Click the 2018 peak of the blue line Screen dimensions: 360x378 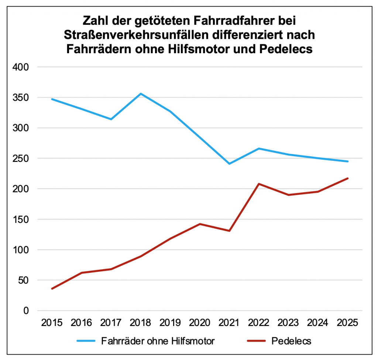(141, 94)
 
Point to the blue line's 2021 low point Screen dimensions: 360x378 (229, 163)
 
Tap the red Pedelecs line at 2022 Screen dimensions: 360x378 (259, 184)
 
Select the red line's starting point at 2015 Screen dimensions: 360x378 (52, 289)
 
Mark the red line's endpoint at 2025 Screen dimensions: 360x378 (347, 178)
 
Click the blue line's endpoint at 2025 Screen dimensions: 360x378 (347, 162)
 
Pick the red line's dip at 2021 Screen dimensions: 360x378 (229, 231)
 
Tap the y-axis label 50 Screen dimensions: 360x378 (24, 280)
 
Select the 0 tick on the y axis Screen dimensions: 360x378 (26, 311)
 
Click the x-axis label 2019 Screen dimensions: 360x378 (170, 323)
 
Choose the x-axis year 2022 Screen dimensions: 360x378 (259, 323)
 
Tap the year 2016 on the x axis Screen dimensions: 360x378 (82, 323)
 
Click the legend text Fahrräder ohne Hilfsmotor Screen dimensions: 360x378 (158, 341)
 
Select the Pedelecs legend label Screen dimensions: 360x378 (291, 341)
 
